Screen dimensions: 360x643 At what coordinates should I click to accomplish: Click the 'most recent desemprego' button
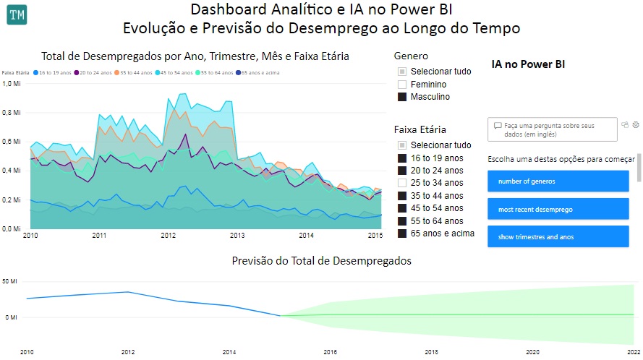pyautogui.click(x=558, y=209)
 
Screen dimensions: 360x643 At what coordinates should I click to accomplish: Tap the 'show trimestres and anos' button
pyautogui.click(x=558, y=236)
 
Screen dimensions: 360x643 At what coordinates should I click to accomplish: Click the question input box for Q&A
pyautogui.click(x=553, y=129)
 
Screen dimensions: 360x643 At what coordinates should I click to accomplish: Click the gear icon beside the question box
pyautogui.click(x=636, y=124)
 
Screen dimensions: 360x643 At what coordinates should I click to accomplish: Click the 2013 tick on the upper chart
pyautogui.click(x=237, y=236)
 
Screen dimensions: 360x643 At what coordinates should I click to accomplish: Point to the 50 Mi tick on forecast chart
pyautogui.click(x=10, y=280)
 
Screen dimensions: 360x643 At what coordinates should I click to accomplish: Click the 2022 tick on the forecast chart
pyautogui.click(x=633, y=352)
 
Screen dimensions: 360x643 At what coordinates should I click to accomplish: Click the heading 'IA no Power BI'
pyautogui.click(x=528, y=64)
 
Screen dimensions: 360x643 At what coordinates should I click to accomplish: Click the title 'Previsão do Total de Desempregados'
pyautogui.click(x=321, y=260)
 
